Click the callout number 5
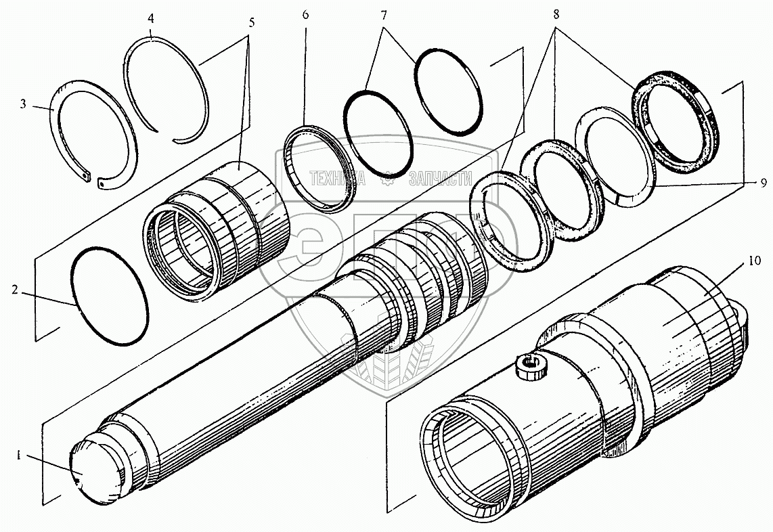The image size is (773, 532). [x=252, y=22]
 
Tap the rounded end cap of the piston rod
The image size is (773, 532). [x=95, y=471]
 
